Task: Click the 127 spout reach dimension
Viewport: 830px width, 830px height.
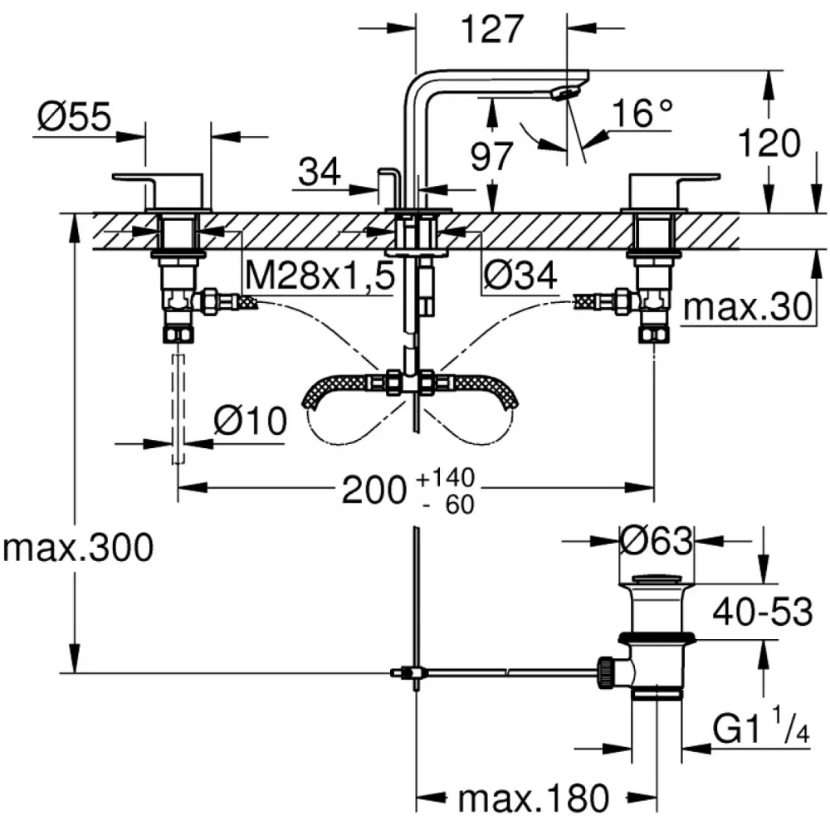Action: (492, 29)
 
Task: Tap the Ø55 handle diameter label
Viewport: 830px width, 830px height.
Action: (75, 116)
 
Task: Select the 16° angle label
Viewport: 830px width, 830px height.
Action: (642, 113)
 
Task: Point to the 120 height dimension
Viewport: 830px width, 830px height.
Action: (769, 143)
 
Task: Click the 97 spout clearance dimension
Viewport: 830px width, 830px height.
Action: (491, 156)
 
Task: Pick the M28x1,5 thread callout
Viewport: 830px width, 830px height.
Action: (320, 276)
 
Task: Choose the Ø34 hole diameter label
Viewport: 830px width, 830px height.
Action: (520, 276)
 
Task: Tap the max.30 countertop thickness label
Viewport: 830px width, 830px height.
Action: (748, 306)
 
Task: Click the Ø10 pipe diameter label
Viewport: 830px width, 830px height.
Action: (251, 422)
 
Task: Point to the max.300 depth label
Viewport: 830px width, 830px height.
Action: (78, 547)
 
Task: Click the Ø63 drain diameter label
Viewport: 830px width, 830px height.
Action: (657, 541)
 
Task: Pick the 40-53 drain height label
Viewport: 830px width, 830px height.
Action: (762, 612)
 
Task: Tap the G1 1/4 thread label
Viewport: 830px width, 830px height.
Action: (760, 727)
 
